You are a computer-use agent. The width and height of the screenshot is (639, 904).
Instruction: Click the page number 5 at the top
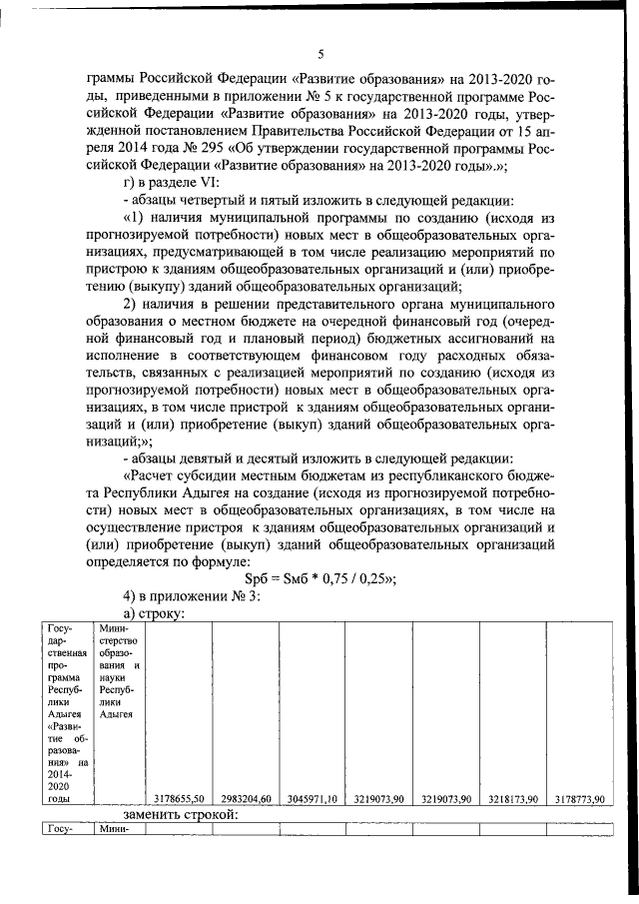319,54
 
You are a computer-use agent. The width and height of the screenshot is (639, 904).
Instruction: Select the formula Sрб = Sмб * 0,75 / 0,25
319,579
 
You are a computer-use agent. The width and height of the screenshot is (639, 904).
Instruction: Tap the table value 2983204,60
246,798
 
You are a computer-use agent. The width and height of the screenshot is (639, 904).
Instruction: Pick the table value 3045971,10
312,798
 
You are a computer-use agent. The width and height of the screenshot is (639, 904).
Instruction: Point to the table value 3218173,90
514,798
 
